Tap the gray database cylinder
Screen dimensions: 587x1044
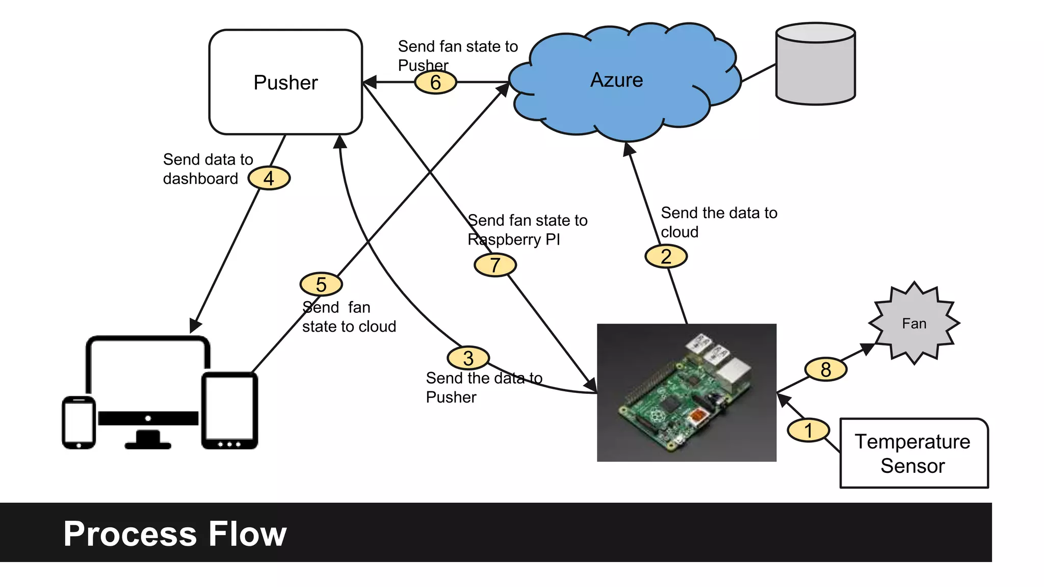click(815, 64)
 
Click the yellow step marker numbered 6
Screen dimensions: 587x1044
click(435, 83)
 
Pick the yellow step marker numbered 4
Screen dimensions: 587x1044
click(269, 178)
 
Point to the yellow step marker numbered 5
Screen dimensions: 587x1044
click(321, 284)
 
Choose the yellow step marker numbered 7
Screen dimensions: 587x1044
click(495, 265)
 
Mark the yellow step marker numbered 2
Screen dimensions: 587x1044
click(666, 256)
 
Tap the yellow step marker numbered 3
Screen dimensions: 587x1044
click(468, 358)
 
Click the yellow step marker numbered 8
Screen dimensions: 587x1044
click(826, 369)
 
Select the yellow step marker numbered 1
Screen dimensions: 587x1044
click(808, 431)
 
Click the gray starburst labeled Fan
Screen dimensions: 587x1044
click(914, 323)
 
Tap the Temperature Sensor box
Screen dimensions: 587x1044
click(913, 453)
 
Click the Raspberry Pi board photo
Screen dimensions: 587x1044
click(686, 392)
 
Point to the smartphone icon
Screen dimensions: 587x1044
click(79, 422)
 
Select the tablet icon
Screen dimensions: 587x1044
click(229, 410)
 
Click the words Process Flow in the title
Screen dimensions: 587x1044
click(175, 533)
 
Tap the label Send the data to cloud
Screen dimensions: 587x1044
click(718, 222)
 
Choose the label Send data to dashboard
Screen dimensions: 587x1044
click(207, 169)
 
